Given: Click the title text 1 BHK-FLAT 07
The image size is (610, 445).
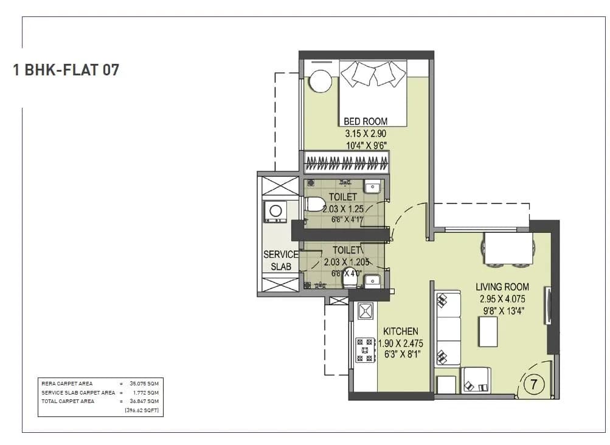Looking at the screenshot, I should (66, 70).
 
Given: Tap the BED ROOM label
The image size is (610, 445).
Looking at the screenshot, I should (366, 121).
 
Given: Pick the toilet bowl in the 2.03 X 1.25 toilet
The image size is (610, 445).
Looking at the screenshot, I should (314, 204).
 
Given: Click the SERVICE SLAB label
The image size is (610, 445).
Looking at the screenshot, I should (280, 260).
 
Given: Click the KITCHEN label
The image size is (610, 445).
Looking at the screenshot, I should (400, 331).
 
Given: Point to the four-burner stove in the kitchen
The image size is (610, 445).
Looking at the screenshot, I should (365, 350).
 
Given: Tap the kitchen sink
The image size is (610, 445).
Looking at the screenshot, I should (365, 311).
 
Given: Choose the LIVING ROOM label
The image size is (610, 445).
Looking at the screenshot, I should (502, 286).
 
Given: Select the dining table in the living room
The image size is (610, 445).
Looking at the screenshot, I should (508, 249).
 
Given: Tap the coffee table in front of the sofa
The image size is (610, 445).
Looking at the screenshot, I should (488, 331).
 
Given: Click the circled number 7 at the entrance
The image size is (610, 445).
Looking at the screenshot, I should (533, 385).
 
